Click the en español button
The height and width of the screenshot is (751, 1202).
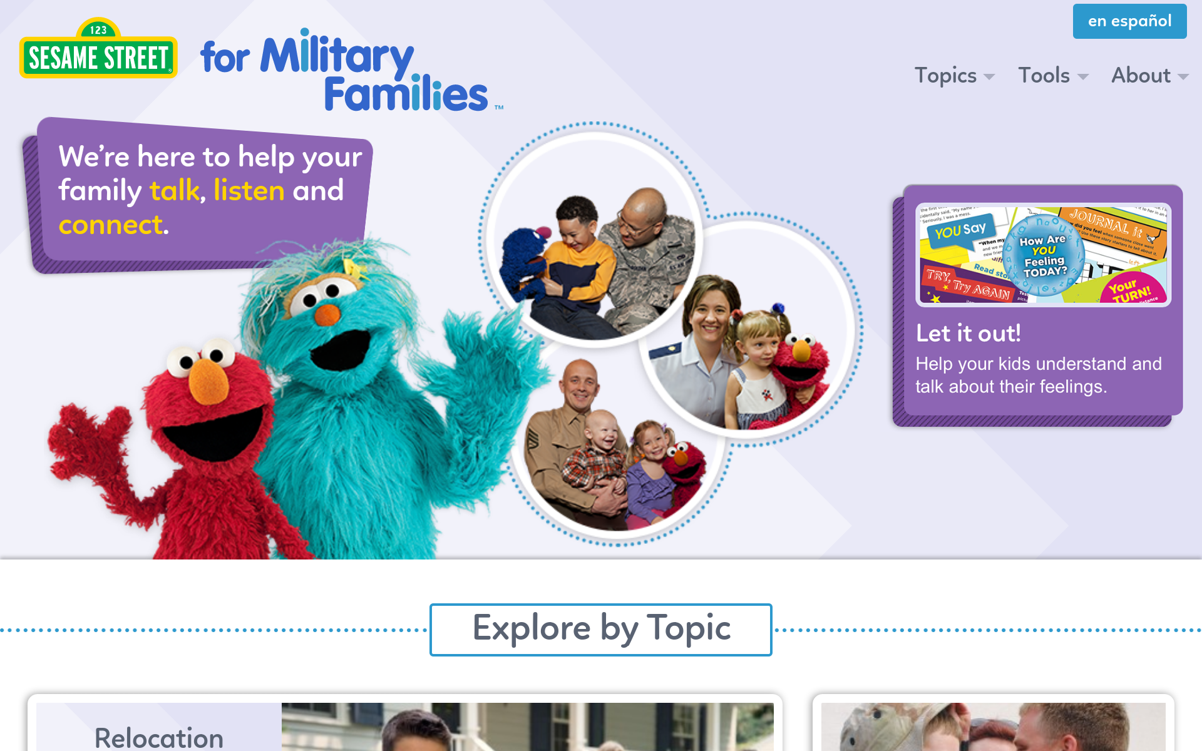pos(1129,21)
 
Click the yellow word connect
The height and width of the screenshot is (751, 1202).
pos(111,225)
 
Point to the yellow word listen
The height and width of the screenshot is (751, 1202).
pos(249,190)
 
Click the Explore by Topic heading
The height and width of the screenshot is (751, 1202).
pos(600,629)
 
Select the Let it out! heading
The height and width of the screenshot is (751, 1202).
pos(968,334)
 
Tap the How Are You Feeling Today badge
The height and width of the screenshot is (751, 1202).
pos(1044,255)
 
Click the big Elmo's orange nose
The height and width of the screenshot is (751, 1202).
pos(208,381)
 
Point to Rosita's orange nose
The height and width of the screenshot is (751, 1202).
pos(327,314)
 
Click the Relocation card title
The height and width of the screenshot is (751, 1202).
pos(159,737)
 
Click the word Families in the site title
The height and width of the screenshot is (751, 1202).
pos(406,95)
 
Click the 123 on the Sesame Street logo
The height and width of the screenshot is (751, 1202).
pos(98,29)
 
